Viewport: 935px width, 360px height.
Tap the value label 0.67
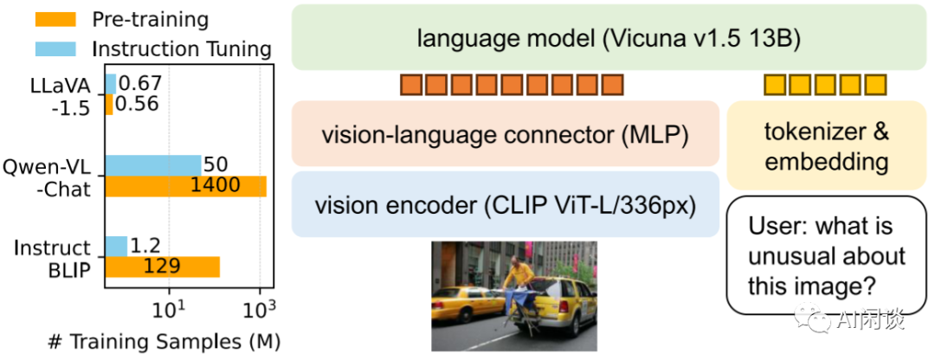click(x=139, y=84)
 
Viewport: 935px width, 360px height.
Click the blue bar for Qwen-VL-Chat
click(x=152, y=164)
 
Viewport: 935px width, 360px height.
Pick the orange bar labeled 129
click(x=162, y=267)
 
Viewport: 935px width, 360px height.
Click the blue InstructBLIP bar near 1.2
click(x=116, y=247)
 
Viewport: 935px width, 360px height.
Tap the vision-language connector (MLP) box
click(x=506, y=134)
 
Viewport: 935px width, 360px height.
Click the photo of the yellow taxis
click(x=513, y=295)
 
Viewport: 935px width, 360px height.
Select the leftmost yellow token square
click(x=773, y=85)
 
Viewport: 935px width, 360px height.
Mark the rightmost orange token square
click(x=612, y=85)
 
